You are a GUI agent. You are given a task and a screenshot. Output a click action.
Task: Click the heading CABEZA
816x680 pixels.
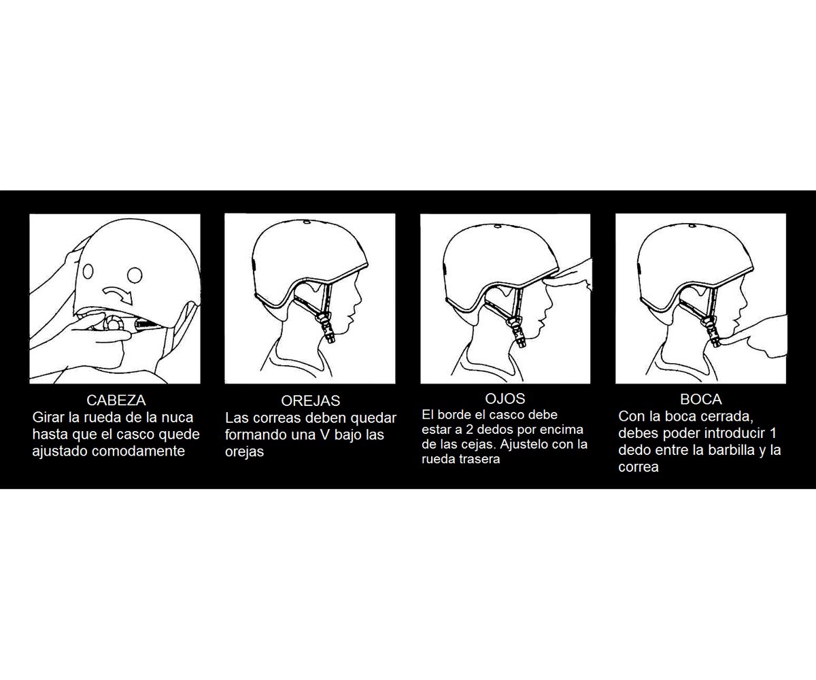coord(116,401)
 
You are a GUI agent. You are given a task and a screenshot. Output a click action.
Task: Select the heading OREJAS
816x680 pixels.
coord(311,401)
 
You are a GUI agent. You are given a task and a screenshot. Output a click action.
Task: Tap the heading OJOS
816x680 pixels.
coord(505,398)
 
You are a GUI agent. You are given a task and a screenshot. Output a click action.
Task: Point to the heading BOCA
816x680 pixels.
coord(700,399)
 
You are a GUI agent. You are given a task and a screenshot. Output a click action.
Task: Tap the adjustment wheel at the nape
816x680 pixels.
coord(113,324)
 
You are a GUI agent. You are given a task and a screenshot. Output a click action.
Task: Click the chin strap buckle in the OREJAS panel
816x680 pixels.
coord(326,328)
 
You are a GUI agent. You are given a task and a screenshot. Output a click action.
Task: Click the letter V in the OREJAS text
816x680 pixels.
coord(325,435)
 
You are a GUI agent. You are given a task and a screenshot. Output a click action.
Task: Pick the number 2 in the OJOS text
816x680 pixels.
coord(470,430)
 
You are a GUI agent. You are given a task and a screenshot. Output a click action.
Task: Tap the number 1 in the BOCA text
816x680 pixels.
coord(772,433)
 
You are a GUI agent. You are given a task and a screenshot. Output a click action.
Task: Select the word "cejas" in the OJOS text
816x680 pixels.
coord(480,444)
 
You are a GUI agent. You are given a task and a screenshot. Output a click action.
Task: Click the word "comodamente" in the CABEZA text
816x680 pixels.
coord(138,451)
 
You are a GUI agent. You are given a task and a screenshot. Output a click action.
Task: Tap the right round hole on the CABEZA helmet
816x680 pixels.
coord(135,275)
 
